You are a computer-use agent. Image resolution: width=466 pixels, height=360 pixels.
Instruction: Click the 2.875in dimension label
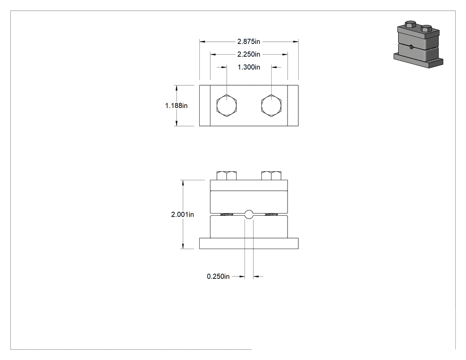coord(249,42)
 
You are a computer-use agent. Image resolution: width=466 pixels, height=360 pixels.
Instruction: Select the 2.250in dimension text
coord(249,55)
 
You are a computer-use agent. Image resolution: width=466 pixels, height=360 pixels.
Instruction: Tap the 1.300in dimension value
coord(249,67)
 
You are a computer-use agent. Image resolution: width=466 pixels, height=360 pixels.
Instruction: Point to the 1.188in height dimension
coord(176,106)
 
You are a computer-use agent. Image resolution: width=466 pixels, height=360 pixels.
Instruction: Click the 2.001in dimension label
coord(182,214)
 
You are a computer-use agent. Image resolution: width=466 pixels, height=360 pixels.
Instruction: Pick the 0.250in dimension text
coord(218,277)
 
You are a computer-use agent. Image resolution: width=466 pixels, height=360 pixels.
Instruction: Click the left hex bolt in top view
coord(227,106)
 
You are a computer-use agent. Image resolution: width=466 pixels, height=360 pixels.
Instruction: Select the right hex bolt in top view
coord(271,106)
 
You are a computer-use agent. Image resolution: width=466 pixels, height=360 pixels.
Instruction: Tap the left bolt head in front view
coord(227,176)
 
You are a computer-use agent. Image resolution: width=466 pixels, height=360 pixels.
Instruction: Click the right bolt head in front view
coord(271,176)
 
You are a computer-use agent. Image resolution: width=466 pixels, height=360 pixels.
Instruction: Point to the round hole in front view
coord(249,214)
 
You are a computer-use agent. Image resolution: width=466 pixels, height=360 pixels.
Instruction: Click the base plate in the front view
coord(249,243)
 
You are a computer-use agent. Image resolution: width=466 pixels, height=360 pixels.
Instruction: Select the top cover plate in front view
coord(249,185)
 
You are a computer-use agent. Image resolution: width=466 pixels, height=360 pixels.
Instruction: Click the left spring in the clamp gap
coord(226,214)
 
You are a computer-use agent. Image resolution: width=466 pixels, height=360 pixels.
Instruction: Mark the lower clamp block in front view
coord(249,227)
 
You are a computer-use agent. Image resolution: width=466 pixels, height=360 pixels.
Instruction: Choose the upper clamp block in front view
coord(249,202)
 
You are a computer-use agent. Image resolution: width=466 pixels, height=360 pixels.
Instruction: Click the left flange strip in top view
coord(205,106)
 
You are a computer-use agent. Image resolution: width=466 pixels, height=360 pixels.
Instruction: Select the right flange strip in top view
coord(293,106)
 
